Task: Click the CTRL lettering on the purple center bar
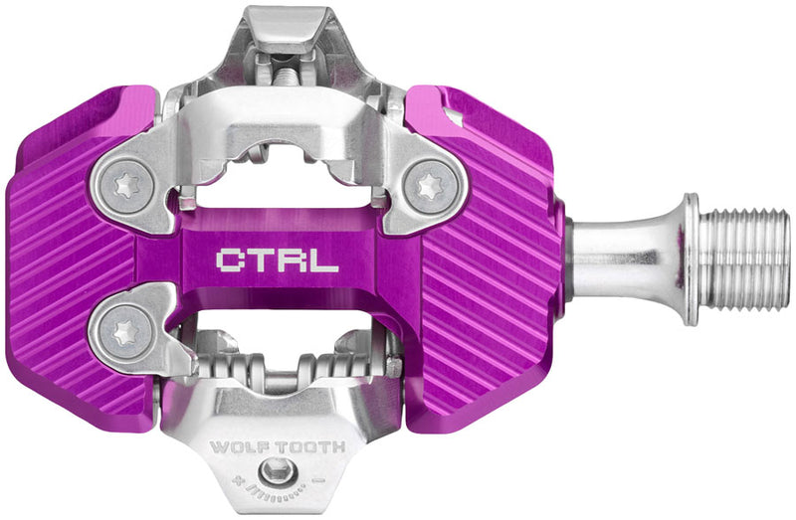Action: [x=277, y=260]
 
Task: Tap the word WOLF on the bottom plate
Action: [x=244, y=447]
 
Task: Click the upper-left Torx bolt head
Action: [x=125, y=185]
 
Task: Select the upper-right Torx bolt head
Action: [x=431, y=185]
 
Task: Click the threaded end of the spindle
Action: [x=747, y=259]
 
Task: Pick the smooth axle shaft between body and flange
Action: [x=622, y=259]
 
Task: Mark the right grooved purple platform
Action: [x=488, y=259]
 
